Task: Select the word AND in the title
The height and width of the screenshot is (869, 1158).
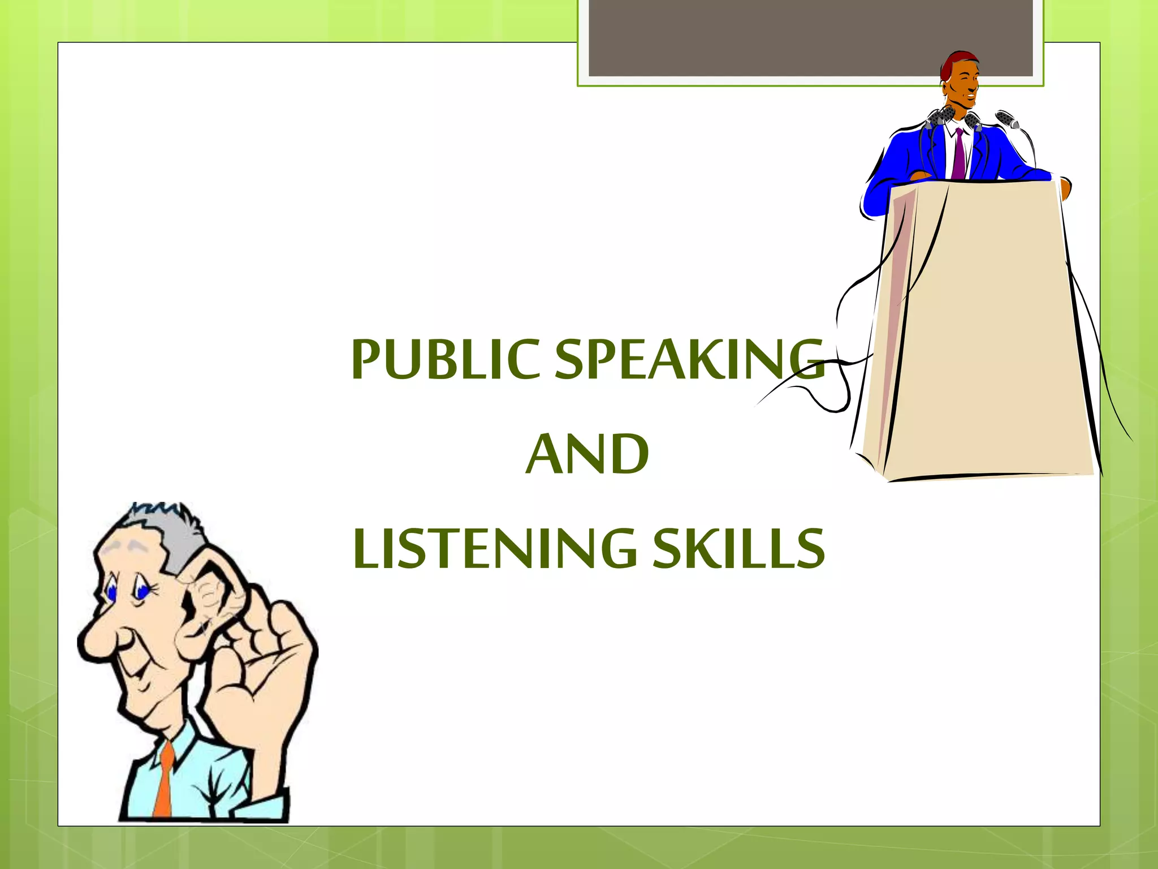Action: [x=587, y=454]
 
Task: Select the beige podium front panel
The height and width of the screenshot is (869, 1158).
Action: [x=990, y=328]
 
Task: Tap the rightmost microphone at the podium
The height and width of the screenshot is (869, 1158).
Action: [x=1006, y=119]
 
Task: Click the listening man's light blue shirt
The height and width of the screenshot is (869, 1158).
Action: [x=204, y=786]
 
